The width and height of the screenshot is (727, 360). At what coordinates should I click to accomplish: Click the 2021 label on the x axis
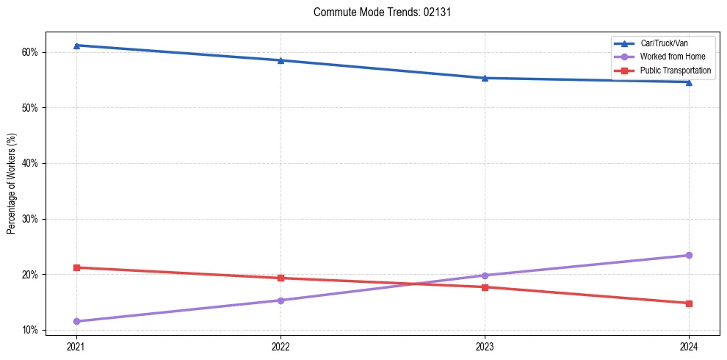[76, 346]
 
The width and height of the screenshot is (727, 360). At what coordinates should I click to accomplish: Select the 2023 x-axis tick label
[485, 346]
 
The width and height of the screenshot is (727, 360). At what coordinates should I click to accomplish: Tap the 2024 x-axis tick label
[689, 346]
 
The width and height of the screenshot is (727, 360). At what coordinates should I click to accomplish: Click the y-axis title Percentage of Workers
[12, 184]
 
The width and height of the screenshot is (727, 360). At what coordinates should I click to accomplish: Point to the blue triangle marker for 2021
[76, 46]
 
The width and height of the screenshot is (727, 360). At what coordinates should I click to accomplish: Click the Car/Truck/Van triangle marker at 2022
[281, 60]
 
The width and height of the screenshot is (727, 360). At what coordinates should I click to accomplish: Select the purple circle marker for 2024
[689, 255]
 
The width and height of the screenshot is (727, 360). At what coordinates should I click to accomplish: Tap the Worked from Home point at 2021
[76, 321]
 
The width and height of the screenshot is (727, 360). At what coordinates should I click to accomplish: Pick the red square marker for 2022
[281, 278]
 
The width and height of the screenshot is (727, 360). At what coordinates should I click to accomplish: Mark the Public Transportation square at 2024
[689, 303]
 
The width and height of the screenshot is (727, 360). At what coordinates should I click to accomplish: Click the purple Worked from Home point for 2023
[485, 276]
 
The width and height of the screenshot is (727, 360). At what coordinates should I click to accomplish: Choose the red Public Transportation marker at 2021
[76, 267]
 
